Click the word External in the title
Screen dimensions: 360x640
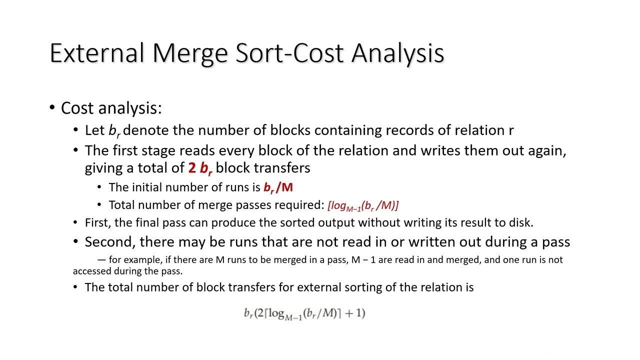click(97, 53)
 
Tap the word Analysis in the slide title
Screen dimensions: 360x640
click(397, 53)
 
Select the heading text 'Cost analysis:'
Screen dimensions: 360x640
click(111, 108)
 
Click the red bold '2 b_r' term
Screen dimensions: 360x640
click(200, 168)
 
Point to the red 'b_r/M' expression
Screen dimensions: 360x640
click(278, 187)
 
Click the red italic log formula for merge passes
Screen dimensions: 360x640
click(362, 205)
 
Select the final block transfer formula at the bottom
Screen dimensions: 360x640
click(304, 313)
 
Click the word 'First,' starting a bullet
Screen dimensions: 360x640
click(98, 222)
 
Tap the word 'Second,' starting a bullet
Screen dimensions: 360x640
click(110, 242)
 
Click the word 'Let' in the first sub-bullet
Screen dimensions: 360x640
click(94, 130)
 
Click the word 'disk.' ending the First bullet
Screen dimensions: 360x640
click(521, 222)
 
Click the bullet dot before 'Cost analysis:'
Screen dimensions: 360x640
click(52, 108)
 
